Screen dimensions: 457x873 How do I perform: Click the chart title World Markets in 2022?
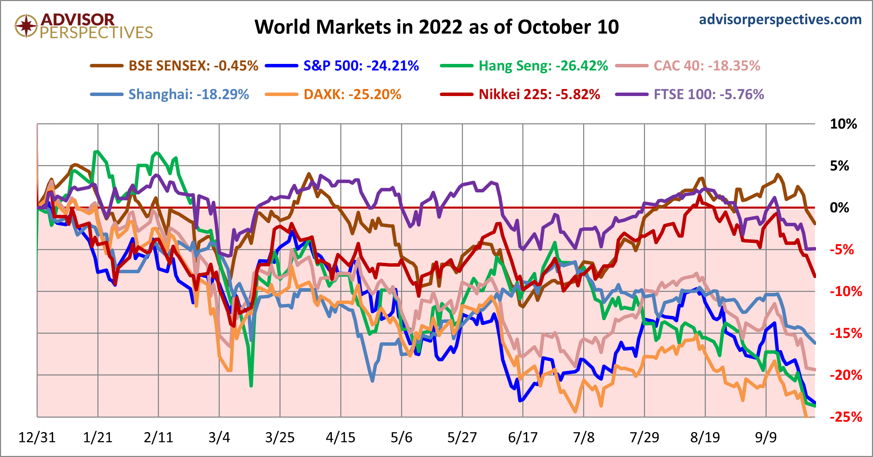coord(437,27)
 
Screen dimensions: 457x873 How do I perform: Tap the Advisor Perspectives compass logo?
coord(26,26)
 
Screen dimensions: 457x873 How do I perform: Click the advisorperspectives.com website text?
coord(780,19)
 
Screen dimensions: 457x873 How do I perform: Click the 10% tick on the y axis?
coord(843,124)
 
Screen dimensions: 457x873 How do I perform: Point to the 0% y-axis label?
coord(839,208)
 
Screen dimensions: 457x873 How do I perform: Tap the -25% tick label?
coord(846,417)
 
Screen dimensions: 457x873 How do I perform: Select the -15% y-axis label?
coord(846,333)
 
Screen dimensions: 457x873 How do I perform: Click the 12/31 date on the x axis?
coord(37,438)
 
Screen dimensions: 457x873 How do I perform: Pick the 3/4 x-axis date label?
coord(219,438)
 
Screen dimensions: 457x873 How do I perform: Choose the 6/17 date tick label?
coord(523,438)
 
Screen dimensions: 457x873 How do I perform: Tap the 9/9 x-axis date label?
coord(766,438)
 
